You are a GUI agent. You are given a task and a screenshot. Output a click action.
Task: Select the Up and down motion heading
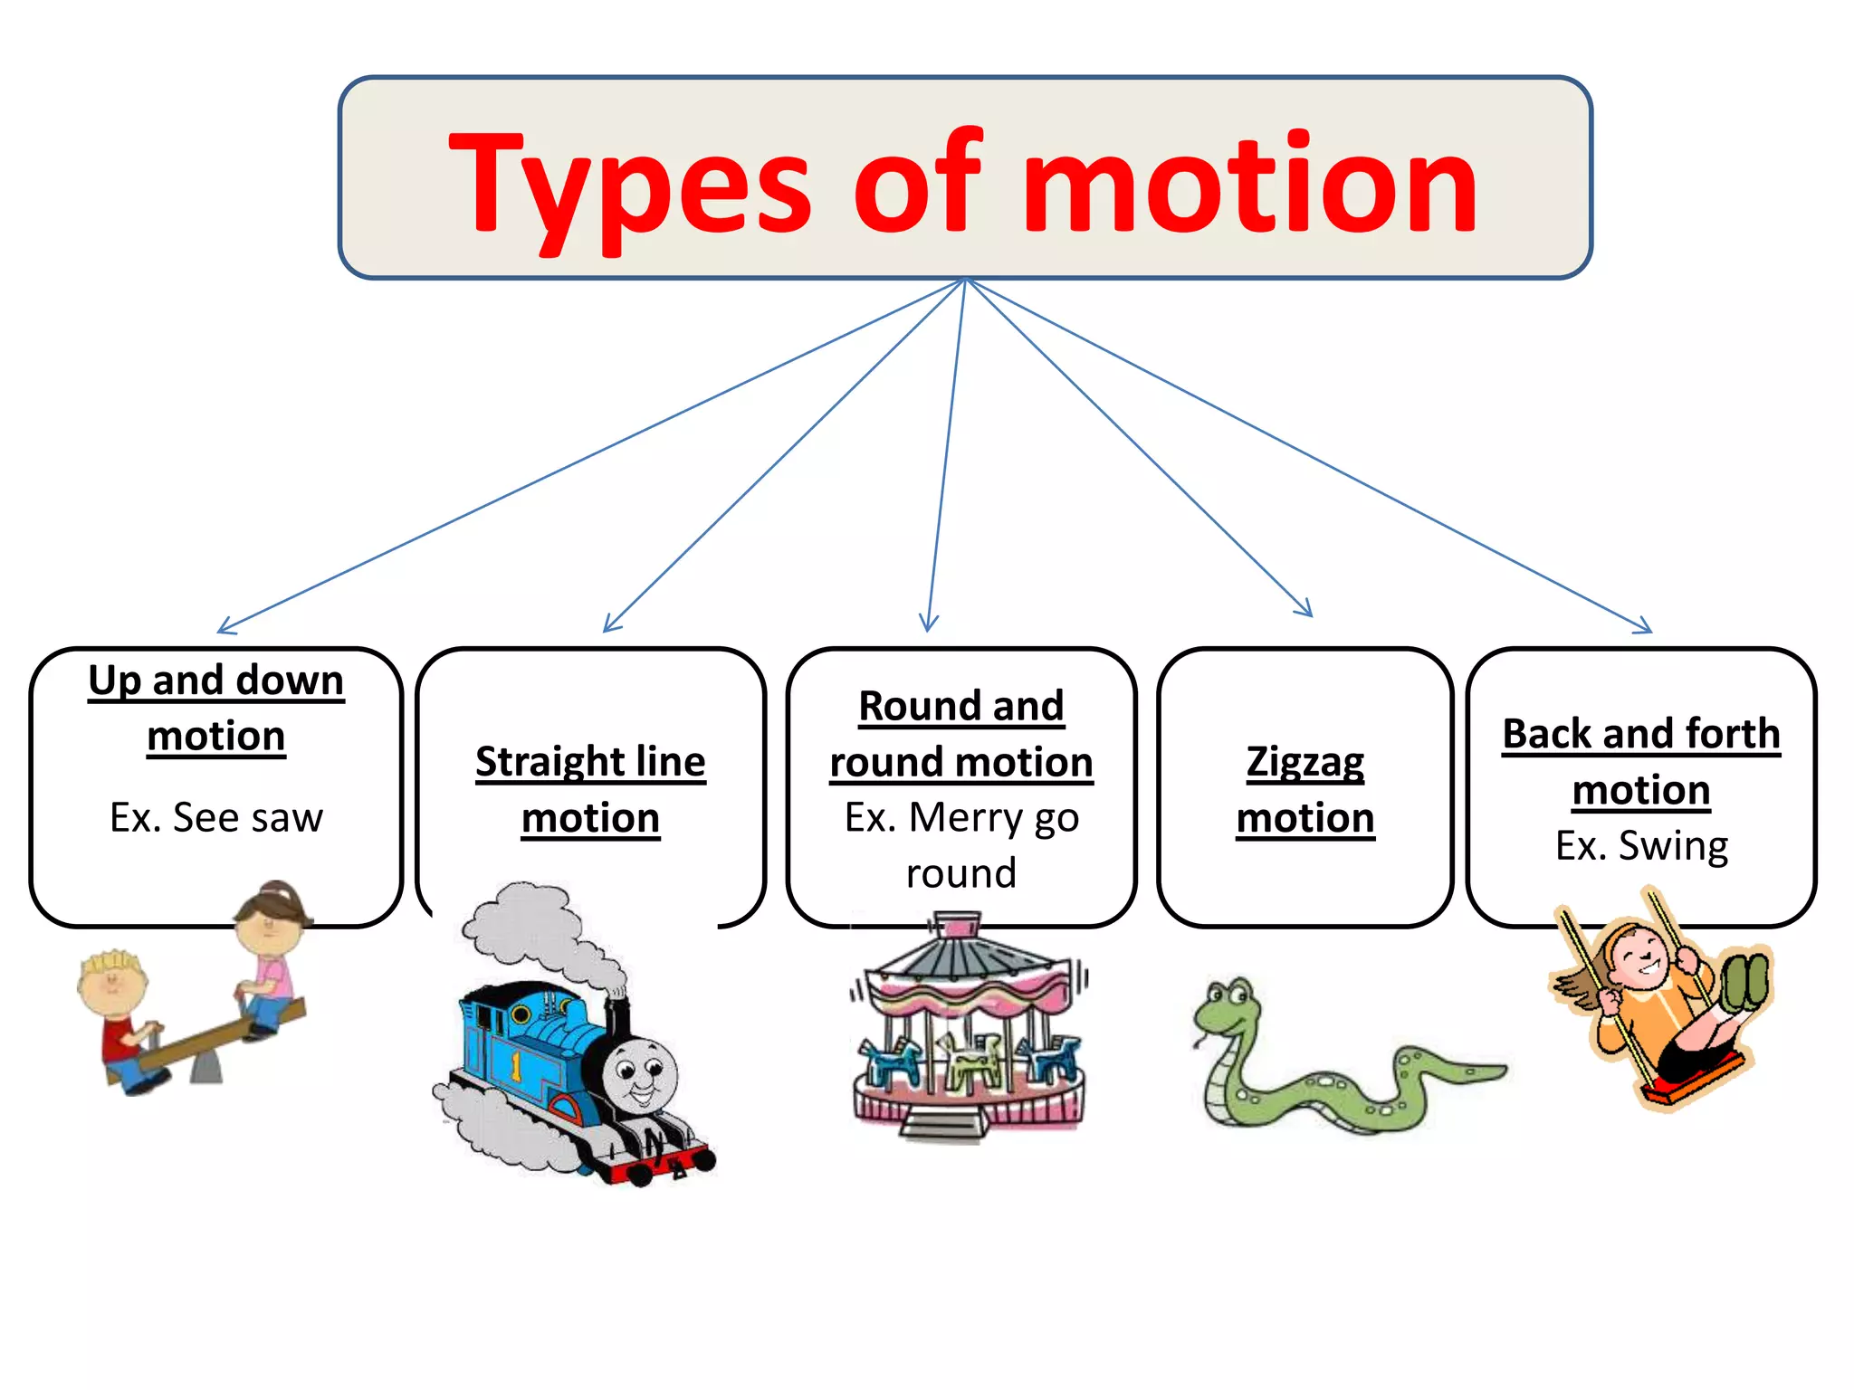click(x=216, y=707)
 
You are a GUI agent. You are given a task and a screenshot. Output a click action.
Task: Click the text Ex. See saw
click(x=216, y=817)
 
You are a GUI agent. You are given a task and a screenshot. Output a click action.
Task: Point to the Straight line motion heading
click(x=590, y=789)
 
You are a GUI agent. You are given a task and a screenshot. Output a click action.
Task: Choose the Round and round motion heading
click(x=961, y=734)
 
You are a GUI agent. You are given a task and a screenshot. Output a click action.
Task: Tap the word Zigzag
click(x=1305, y=762)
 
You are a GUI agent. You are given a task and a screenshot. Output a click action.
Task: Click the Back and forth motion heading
click(x=1641, y=761)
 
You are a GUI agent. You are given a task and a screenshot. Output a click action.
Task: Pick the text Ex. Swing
click(x=1641, y=845)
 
